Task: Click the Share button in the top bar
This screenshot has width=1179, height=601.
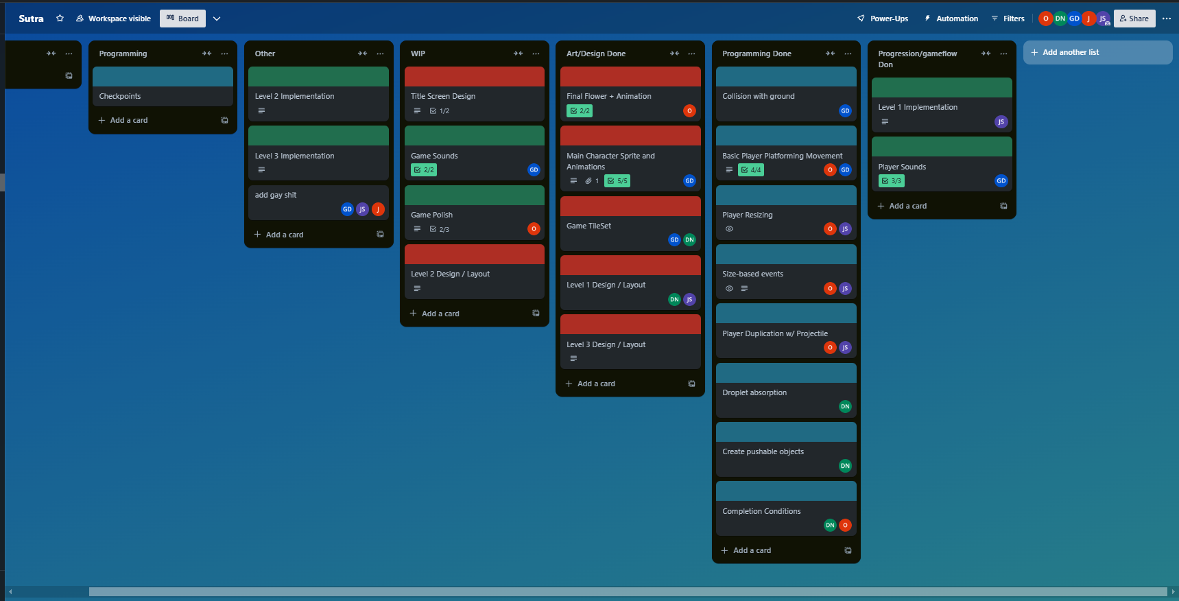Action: tap(1134, 19)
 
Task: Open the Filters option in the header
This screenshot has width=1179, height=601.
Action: tap(1008, 19)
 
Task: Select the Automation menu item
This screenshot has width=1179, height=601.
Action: tap(951, 19)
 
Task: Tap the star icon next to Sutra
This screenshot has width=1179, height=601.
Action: tap(60, 19)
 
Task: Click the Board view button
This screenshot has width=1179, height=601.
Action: tap(182, 19)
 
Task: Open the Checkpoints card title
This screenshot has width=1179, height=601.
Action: tap(120, 96)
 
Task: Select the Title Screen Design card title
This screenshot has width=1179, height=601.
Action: tap(443, 96)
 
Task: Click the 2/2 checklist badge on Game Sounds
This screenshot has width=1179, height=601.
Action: tap(424, 170)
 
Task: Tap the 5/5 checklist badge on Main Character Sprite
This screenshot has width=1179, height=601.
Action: tap(617, 181)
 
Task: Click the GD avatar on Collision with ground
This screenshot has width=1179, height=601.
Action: tap(845, 110)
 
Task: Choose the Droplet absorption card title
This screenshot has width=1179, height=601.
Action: tap(754, 392)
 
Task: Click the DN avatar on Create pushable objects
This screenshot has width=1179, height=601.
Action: tap(845, 466)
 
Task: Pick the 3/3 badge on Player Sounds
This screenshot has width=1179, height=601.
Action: tap(892, 181)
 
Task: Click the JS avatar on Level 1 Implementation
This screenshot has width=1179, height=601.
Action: tap(1001, 122)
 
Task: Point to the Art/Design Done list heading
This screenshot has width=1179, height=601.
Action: tap(596, 54)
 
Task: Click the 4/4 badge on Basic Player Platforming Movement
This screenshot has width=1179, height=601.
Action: tap(751, 170)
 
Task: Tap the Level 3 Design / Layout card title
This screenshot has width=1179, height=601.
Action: tap(606, 344)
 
